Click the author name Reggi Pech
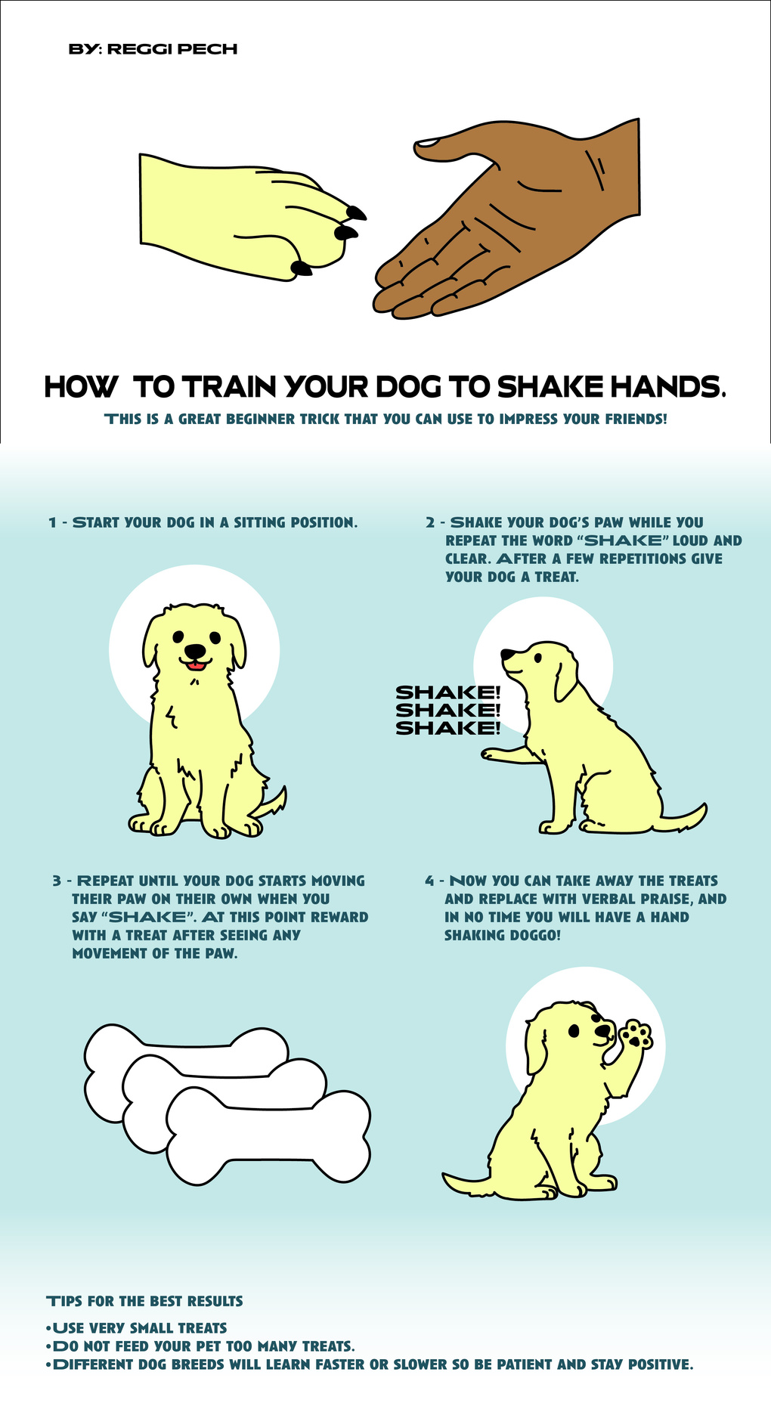[x=172, y=49]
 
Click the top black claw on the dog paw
[x=356, y=212]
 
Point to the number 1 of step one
[x=52, y=522]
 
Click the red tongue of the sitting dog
[x=196, y=665]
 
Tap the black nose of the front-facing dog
[x=195, y=651]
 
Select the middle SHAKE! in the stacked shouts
[x=447, y=710]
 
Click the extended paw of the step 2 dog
[x=499, y=754]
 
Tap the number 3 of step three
[x=57, y=881]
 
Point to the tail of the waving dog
[x=469, y=1184]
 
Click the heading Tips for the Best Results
[x=145, y=1301]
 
